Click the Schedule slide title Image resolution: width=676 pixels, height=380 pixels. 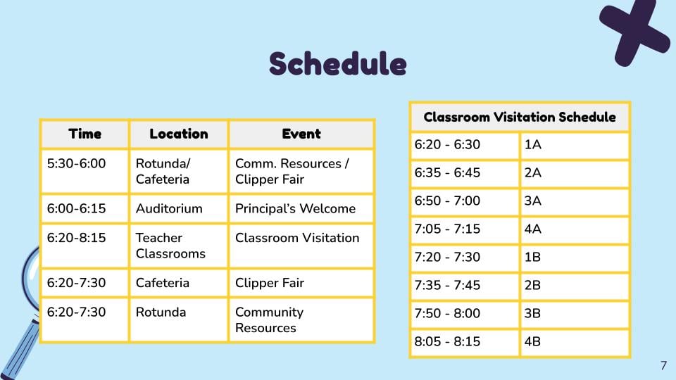[x=337, y=64]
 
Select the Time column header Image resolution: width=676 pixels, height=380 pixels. [x=84, y=134]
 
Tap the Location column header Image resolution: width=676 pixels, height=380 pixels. [x=178, y=134]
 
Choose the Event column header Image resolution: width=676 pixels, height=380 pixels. [x=301, y=134]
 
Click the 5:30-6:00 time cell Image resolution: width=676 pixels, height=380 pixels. [x=84, y=171]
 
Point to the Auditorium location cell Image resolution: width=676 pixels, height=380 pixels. [x=178, y=208]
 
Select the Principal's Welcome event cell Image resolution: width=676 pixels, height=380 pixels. [x=301, y=208]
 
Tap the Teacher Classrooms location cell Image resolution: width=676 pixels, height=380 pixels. [x=178, y=246]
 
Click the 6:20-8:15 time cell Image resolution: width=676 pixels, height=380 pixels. [x=84, y=246]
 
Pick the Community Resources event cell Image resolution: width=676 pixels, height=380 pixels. [x=301, y=319]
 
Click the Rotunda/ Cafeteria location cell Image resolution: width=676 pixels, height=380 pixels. [x=178, y=171]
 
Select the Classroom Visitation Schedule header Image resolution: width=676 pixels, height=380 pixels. [x=520, y=117]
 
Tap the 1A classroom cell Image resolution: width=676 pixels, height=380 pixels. [x=575, y=146]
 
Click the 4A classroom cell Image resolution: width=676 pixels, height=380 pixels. [x=575, y=229]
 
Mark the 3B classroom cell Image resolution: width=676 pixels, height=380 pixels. [x=575, y=314]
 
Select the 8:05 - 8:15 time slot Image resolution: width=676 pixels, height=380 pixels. [x=464, y=343]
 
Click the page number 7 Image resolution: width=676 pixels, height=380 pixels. [x=663, y=366]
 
